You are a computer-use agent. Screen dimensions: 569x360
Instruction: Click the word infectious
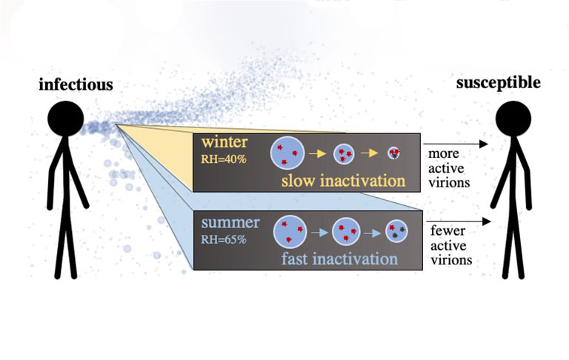(76, 84)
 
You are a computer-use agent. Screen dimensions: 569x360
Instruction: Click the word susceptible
(498, 83)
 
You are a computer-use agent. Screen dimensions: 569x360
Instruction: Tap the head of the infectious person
(66, 119)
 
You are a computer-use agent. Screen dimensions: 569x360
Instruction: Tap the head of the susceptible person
(513, 119)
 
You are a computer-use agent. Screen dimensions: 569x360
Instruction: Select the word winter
(224, 142)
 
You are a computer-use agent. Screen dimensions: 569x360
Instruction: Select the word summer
(230, 222)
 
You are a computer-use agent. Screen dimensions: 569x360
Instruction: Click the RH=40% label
(224, 159)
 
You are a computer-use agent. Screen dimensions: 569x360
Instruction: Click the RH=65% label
(224, 239)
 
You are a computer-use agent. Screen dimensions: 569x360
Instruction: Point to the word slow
(298, 181)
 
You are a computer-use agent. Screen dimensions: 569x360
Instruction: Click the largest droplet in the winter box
(287, 153)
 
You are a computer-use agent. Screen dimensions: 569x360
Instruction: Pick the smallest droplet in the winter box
(393, 153)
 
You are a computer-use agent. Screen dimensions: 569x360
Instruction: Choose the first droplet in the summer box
(290, 232)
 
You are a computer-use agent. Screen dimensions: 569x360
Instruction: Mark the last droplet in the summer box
(396, 232)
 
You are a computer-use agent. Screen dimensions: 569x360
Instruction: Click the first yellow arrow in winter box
(318, 153)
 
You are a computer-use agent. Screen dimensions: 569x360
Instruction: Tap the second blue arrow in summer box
(372, 233)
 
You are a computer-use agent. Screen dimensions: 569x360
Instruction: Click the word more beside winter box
(444, 154)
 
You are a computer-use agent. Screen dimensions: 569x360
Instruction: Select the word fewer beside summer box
(447, 231)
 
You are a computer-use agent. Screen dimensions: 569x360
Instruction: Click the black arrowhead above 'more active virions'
(483, 144)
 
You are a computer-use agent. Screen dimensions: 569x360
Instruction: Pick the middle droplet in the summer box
(346, 232)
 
